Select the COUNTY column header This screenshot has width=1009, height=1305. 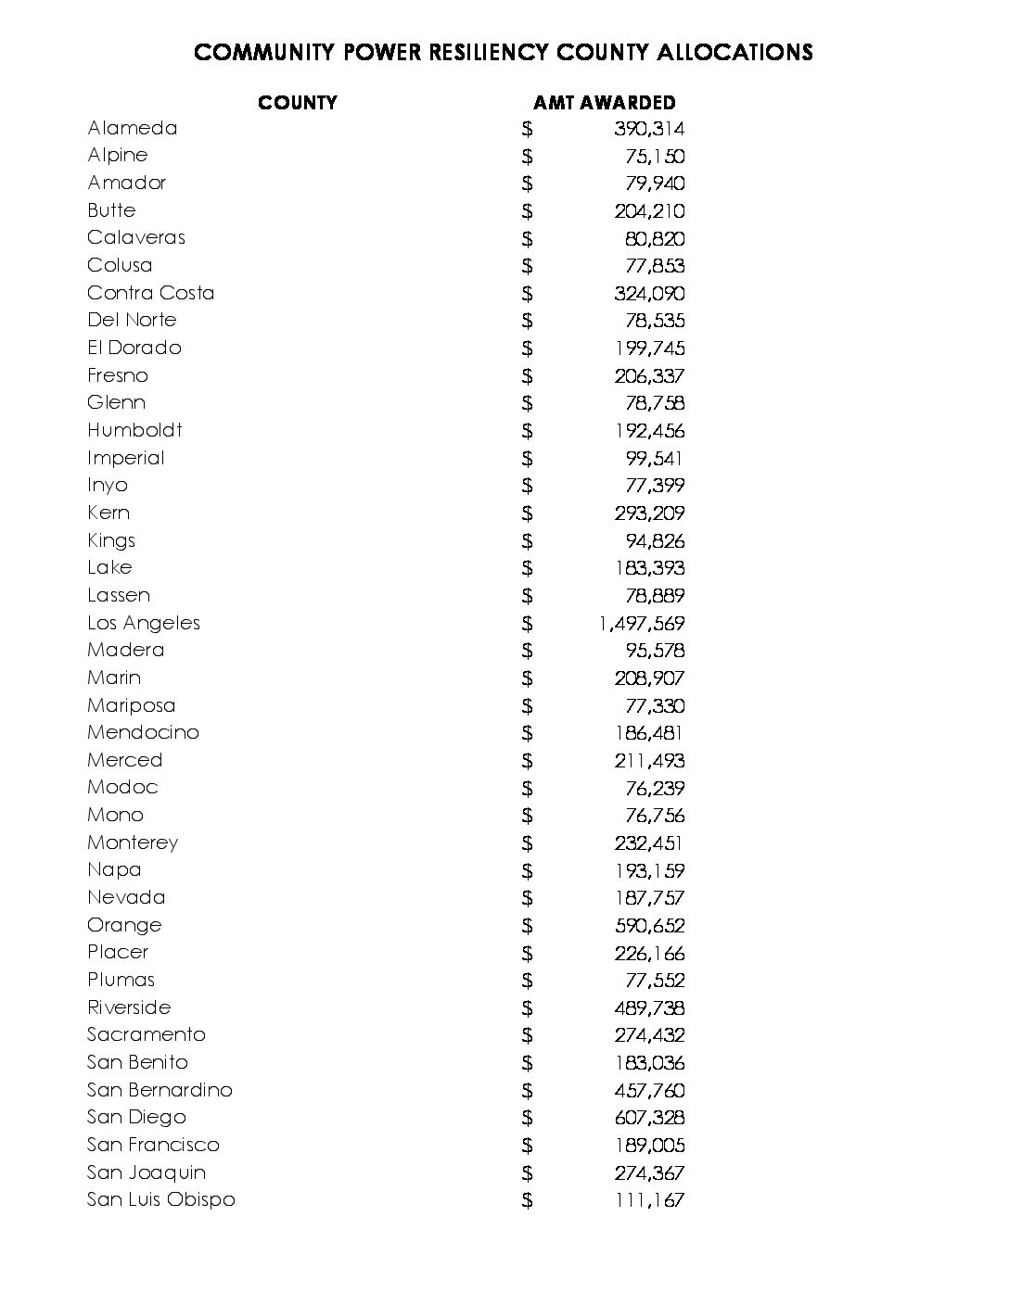(298, 103)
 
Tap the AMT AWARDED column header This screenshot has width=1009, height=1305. (605, 103)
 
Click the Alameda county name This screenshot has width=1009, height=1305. (133, 128)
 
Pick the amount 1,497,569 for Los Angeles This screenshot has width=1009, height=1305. (642, 624)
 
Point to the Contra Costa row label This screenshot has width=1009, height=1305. (150, 293)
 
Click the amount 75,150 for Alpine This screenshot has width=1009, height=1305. (655, 156)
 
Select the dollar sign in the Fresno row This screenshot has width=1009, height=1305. (528, 375)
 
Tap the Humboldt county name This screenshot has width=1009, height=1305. (134, 430)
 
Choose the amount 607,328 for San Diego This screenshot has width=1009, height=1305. (649, 1118)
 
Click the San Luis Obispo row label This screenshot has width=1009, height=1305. (161, 1199)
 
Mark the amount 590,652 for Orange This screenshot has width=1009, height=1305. (649, 925)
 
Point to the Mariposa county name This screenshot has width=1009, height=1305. (132, 705)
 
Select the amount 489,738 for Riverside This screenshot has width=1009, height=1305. (649, 1007)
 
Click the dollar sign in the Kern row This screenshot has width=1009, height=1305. (528, 513)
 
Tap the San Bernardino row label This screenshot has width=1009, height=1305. (160, 1090)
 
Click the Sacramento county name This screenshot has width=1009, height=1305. (147, 1034)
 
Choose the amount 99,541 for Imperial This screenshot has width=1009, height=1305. (655, 458)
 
